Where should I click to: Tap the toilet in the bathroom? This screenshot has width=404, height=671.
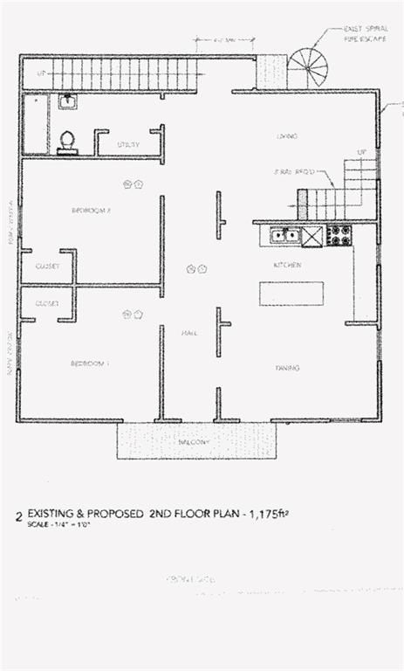click(66, 142)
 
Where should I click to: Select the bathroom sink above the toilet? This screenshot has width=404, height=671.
click(67, 101)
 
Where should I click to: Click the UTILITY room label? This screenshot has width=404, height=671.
click(128, 144)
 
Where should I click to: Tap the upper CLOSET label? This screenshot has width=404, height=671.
click(47, 266)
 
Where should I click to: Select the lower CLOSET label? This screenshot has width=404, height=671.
click(47, 303)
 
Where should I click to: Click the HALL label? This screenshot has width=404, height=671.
click(188, 333)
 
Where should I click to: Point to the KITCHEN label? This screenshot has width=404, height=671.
click(288, 264)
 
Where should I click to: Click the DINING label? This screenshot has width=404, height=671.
click(287, 368)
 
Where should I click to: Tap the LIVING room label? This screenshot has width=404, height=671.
click(287, 137)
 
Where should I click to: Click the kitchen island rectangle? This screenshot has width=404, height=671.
click(291, 293)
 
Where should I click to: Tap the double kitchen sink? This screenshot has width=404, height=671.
click(285, 235)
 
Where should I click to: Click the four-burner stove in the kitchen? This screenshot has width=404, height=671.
click(339, 235)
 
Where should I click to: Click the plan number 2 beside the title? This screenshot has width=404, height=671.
click(18, 516)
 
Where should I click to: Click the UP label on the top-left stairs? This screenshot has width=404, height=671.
click(40, 74)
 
